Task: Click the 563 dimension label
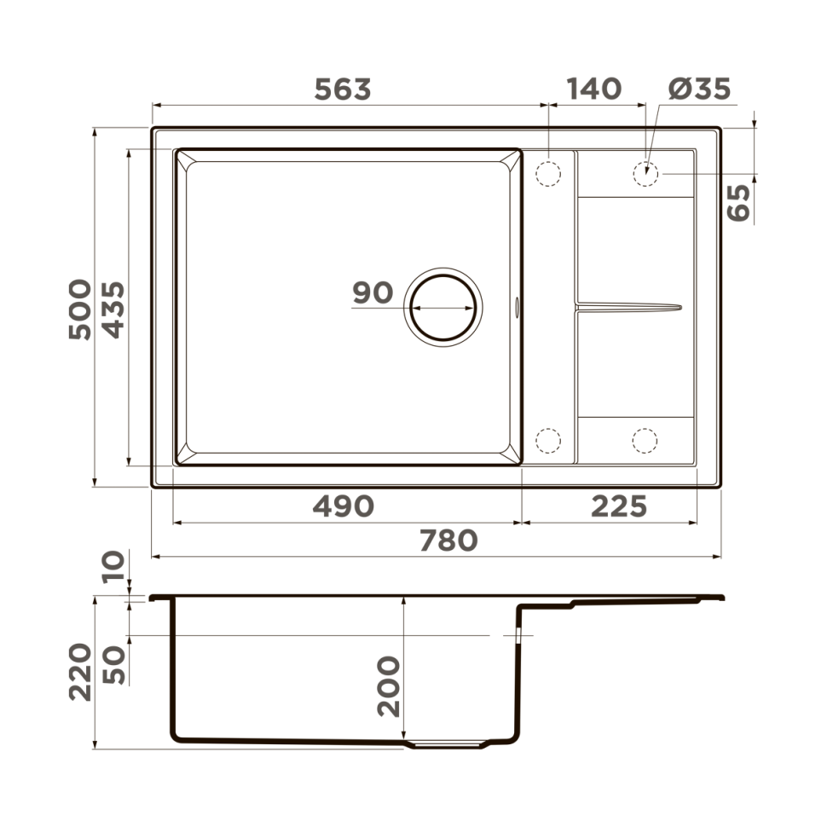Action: pyautogui.click(x=343, y=90)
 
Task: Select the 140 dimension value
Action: pyautogui.click(x=593, y=89)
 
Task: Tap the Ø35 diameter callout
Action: pyautogui.click(x=699, y=89)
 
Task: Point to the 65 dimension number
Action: pyautogui.click(x=739, y=202)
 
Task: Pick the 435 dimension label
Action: pyautogui.click(x=114, y=308)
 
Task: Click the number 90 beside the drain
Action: pyautogui.click(x=373, y=293)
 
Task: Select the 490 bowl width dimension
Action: pyautogui.click(x=343, y=506)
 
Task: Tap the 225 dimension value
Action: pyautogui.click(x=619, y=506)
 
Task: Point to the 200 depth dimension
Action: pyautogui.click(x=388, y=685)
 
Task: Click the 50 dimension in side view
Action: pyautogui.click(x=114, y=664)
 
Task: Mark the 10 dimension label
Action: pyautogui.click(x=114, y=566)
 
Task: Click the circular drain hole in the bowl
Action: pyautogui.click(x=443, y=306)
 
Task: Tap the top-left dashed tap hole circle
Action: pyautogui.click(x=547, y=173)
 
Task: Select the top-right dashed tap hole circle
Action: pyautogui.click(x=645, y=173)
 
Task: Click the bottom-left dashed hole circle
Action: pyautogui.click(x=547, y=440)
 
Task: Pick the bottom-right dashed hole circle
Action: pyautogui.click(x=645, y=440)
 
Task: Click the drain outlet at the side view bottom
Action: pyautogui.click(x=447, y=744)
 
